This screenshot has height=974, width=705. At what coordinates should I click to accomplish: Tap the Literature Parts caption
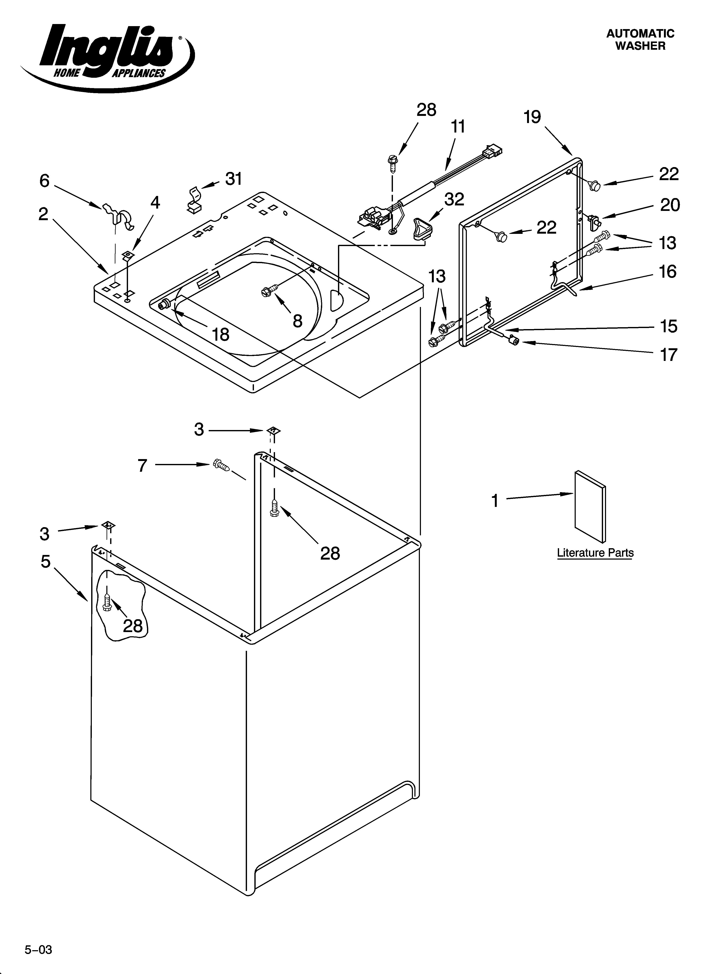tap(595, 553)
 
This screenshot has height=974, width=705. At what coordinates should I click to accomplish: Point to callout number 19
tap(532, 117)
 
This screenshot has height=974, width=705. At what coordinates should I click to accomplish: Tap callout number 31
tap(234, 179)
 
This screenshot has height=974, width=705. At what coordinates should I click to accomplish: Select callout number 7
tap(143, 465)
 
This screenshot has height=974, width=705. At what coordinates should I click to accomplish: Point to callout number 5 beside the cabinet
tap(45, 561)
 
